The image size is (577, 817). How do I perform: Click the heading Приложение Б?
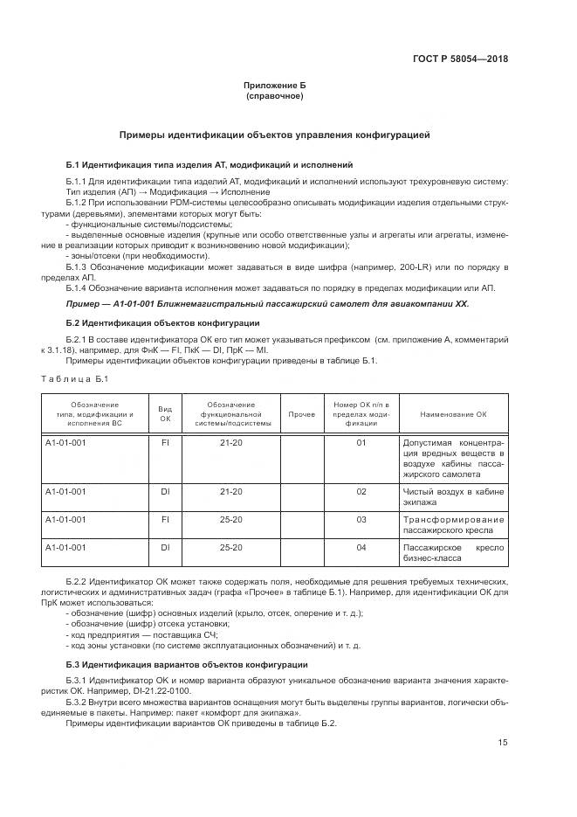pos(274,86)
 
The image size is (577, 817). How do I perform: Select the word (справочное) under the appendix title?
pos(274,96)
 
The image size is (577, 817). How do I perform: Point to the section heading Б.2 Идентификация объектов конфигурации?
pos(161,323)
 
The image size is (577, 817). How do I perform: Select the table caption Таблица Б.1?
pos(76,377)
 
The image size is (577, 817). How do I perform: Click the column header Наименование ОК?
pos(453,414)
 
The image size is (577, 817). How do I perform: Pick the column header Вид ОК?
pos(164,414)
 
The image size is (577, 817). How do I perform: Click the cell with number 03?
pos(361,520)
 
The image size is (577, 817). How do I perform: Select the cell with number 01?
pos(361,443)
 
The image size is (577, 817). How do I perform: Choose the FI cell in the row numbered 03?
pos(164,520)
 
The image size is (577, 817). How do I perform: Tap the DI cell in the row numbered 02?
pos(164,492)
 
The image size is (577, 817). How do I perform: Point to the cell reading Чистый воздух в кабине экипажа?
pos(453,497)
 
